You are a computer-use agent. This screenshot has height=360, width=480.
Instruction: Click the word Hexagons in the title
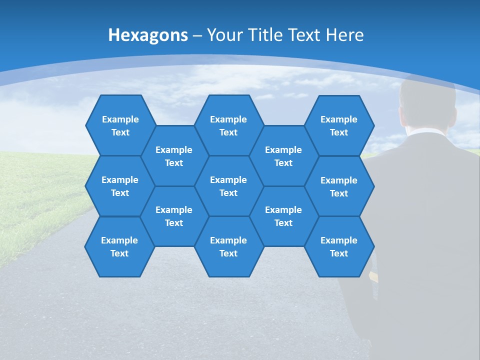coord(148,35)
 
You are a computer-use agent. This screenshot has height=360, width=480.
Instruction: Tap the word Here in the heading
coord(344,35)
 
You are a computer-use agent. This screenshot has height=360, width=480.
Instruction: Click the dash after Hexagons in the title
coord(197,35)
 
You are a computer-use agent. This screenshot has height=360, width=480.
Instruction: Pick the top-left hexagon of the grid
coord(120,125)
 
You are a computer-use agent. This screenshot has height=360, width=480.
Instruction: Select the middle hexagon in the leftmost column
coord(120,186)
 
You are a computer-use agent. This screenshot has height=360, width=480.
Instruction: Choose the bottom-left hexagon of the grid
coord(119,246)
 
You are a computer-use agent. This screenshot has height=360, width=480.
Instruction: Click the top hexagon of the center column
coord(228,125)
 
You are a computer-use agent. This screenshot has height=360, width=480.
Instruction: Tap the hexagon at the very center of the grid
coord(228,186)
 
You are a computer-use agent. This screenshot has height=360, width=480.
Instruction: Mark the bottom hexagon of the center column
coord(228,246)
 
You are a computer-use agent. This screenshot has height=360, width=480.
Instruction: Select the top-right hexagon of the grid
coord(339,125)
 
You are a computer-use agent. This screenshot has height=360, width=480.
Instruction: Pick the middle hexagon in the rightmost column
coord(339,186)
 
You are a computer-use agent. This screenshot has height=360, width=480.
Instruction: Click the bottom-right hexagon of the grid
coord(339,246)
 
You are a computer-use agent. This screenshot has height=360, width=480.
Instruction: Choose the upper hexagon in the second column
coord(174,156)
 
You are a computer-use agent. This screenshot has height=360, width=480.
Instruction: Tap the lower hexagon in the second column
coord(174,216)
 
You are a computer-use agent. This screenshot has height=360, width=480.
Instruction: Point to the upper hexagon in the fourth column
coord(283,156)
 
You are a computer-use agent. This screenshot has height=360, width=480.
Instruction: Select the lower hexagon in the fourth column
coord(283,216)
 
